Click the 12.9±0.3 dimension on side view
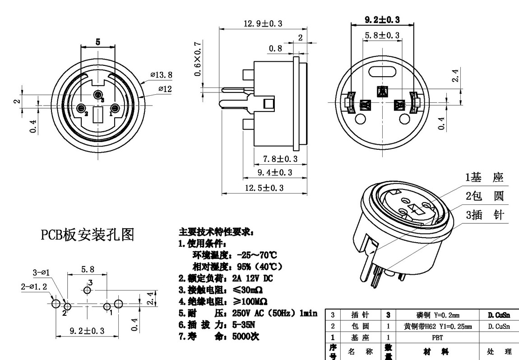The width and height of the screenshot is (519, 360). [263, 24]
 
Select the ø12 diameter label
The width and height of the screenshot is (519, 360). [165, 89]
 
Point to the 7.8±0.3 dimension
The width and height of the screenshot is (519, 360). [280, 159]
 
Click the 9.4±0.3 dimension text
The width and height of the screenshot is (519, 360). [275, 173]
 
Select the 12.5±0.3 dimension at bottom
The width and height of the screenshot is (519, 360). [264, 188]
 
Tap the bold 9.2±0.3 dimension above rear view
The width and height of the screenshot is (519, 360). [382, 20]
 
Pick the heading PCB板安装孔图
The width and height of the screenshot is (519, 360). [88, 235]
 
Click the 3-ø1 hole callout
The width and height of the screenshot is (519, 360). [42, 272]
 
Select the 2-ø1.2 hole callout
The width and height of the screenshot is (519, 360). [34, 286]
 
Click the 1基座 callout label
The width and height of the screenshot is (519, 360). [485, 178]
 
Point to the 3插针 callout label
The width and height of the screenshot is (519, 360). [485, 215]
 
